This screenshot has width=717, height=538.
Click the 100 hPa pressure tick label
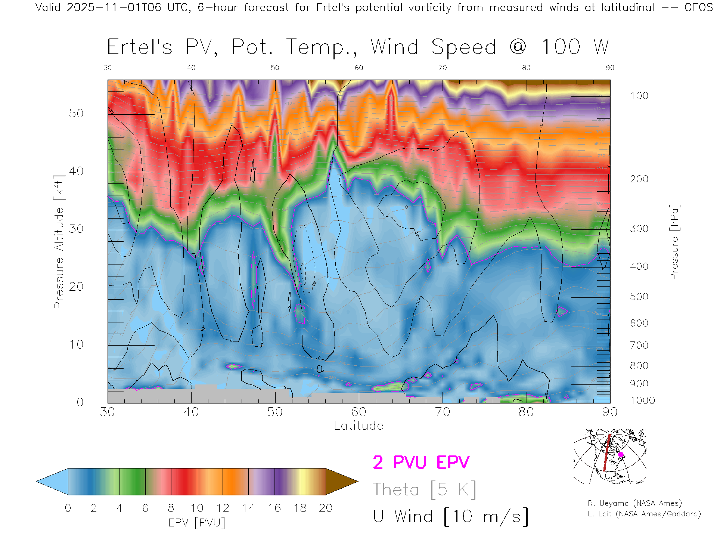click(639, 96)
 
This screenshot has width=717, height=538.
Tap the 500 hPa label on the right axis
click(639, 297)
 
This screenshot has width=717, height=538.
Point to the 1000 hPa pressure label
click(642, 401)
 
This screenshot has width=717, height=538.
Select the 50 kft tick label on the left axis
click(76, 113)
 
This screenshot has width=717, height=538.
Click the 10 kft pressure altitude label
click(76, 344)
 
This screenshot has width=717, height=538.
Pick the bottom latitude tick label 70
click(442, 412)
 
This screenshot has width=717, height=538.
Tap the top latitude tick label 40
click(191, 68)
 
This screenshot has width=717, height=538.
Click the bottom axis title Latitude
click(358, 426)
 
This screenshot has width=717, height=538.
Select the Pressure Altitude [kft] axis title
click(59, 242)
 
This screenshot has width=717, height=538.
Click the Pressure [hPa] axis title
click(674, 242)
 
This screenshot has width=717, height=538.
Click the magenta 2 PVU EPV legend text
click(421, 463)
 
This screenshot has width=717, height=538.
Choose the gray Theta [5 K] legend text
click(424, 489)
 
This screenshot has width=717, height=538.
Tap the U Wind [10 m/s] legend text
click(451, 517)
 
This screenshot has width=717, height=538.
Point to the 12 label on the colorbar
click(223, 508)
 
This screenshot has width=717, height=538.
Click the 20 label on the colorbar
click(325, 508)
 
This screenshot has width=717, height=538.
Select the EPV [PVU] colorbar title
click(197, 523)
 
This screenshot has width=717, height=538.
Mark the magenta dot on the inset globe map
click(621, 455)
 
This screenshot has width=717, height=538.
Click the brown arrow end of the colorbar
click(341, 482)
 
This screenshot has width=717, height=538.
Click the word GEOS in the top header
click(698, 7)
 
